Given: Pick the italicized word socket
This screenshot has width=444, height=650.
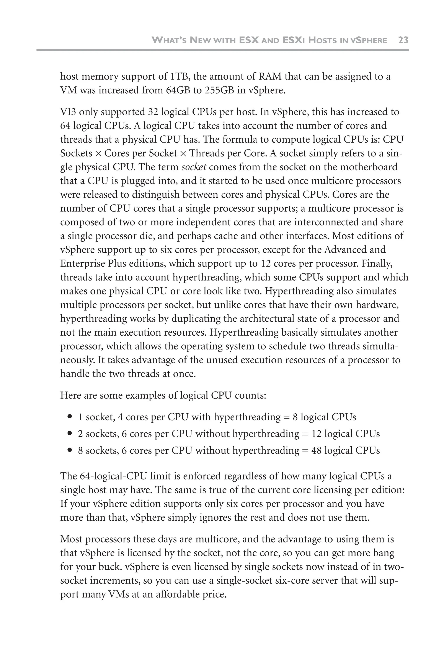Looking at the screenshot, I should click(x=194, y=167).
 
